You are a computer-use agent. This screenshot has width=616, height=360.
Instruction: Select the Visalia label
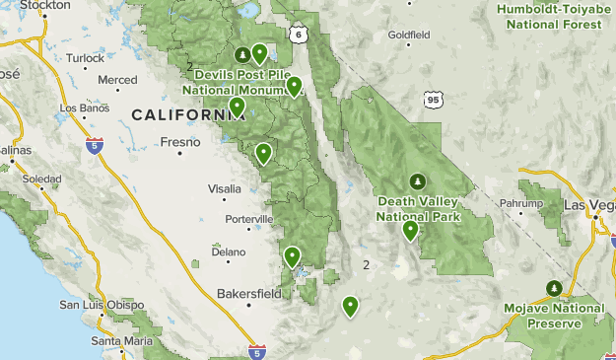225,188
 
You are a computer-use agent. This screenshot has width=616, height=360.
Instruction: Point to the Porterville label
248,218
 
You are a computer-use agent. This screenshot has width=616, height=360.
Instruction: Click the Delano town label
228,252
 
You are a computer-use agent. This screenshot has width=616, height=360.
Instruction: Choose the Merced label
117,79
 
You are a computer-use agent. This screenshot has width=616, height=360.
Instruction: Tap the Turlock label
85,58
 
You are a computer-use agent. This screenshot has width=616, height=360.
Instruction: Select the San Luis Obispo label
97,304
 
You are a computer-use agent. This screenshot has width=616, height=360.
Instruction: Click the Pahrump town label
521,203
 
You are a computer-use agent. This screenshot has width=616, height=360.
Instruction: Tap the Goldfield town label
409,35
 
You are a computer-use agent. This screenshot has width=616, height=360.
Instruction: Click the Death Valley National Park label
418,207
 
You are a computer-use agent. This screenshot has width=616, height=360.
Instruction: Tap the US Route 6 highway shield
298,34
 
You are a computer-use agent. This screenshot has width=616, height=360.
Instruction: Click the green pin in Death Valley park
410,231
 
